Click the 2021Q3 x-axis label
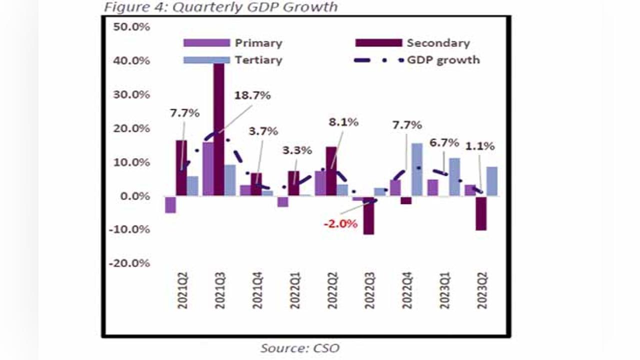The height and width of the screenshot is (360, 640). pos(220,291)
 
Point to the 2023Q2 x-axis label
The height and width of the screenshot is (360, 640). pos(482,291)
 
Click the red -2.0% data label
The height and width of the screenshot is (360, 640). pos(340,223)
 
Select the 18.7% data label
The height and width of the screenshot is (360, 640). pos(253,95)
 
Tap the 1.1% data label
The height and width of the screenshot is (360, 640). pos(480,146)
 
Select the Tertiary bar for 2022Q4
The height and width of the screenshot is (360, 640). pos(417,169)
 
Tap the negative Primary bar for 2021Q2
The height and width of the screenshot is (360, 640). pos(170,204)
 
